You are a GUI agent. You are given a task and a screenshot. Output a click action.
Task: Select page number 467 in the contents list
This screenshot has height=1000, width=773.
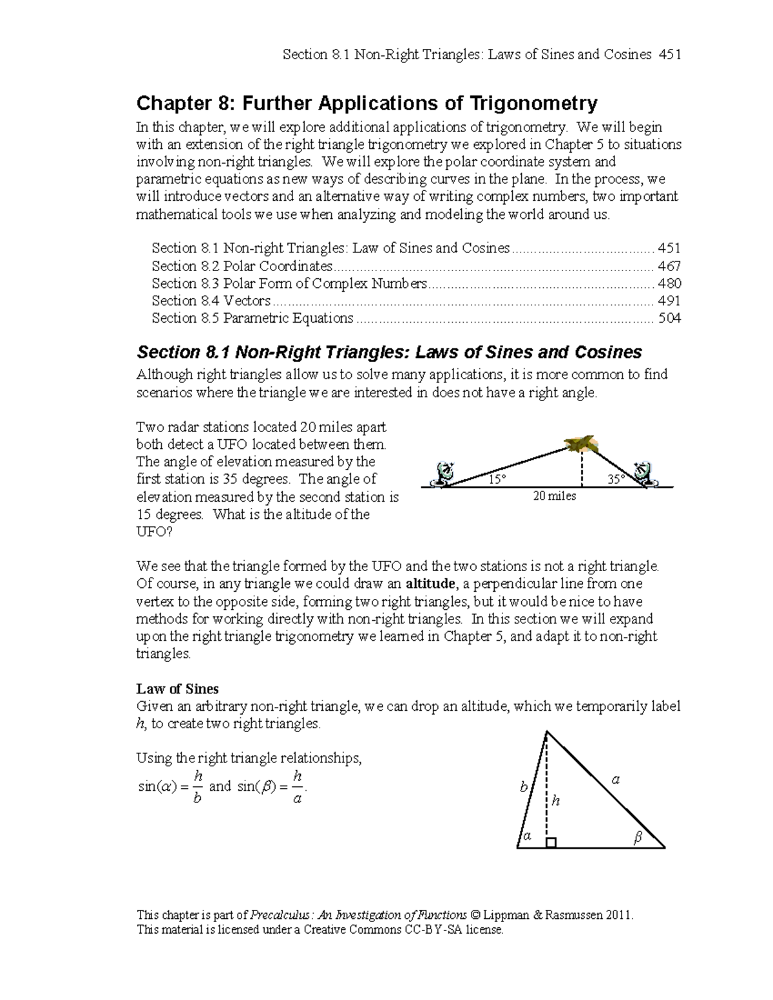coord(669,266)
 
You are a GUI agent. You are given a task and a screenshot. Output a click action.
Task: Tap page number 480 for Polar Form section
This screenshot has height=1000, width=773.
coord(669,283)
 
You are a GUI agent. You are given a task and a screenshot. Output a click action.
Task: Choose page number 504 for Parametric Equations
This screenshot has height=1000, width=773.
coord(669,318)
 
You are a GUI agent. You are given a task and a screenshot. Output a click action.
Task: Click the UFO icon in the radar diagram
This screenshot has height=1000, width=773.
coord(582,443)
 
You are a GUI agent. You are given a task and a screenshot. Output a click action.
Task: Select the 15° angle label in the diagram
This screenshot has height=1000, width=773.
coord(497,480)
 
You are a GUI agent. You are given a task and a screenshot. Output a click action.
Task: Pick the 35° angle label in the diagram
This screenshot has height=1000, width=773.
coord(616,480)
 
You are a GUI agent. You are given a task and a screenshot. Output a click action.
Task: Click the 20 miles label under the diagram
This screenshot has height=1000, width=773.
coord(554,496)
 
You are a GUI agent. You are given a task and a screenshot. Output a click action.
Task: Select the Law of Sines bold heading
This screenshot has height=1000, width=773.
coord(177,689)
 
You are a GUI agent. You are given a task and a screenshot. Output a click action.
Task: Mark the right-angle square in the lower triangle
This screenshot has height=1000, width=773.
coord(551,843)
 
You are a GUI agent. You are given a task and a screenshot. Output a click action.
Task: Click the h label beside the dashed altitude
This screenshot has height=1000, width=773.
coord(556,800)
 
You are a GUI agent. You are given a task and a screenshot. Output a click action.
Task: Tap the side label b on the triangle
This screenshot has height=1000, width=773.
coord(524,787)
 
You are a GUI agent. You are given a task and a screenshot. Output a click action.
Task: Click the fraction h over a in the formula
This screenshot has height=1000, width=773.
coord(297,787)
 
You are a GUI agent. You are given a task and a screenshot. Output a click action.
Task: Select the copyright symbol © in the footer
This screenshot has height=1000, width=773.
coord(476,915)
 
